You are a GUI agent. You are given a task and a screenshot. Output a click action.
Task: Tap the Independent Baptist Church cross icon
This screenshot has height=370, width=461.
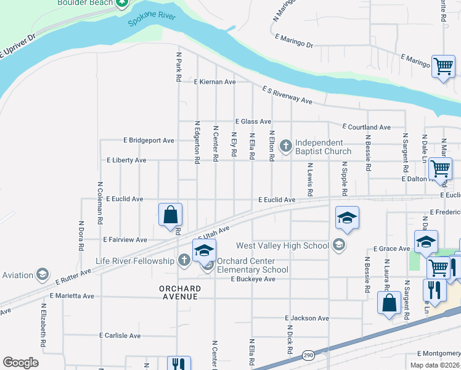coord(285,146)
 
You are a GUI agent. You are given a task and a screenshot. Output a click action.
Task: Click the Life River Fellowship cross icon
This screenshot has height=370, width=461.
coord(184,261)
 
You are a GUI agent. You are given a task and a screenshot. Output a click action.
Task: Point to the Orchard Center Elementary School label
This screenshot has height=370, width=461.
coord(253,265)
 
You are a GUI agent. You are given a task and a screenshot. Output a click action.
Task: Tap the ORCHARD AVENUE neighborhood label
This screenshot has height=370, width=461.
coord(179,292)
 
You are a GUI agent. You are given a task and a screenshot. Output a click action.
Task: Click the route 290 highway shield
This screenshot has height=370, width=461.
coord(308,355)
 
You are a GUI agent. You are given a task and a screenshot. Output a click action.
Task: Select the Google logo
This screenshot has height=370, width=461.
coord(20,363)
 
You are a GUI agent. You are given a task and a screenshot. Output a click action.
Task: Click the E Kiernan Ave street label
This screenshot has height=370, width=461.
coord(214,81)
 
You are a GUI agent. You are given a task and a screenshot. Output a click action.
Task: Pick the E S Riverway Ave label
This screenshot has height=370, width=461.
coord(287,96)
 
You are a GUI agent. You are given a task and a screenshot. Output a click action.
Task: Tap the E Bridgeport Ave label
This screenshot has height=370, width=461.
coord(149,140)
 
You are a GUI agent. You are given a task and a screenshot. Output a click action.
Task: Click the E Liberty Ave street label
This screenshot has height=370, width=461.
coord(126,160)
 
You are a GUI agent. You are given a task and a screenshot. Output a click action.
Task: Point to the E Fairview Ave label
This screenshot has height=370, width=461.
coord(125,239)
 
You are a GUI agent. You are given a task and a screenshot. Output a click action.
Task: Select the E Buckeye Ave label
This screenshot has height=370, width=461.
coord(253,279)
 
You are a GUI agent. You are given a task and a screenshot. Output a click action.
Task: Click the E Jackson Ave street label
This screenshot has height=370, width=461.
coord(307,318)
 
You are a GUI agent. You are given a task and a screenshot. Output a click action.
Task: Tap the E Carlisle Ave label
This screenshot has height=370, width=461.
coord(120,335)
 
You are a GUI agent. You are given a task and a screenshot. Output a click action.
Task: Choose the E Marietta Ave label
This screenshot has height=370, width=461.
coord(72,296)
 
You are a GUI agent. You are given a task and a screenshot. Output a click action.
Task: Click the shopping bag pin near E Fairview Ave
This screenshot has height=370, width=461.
coord(171,215)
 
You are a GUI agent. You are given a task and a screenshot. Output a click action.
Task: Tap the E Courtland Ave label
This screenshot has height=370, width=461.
coord(367,127)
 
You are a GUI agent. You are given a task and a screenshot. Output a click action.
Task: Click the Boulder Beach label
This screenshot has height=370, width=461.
coord(85,2)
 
